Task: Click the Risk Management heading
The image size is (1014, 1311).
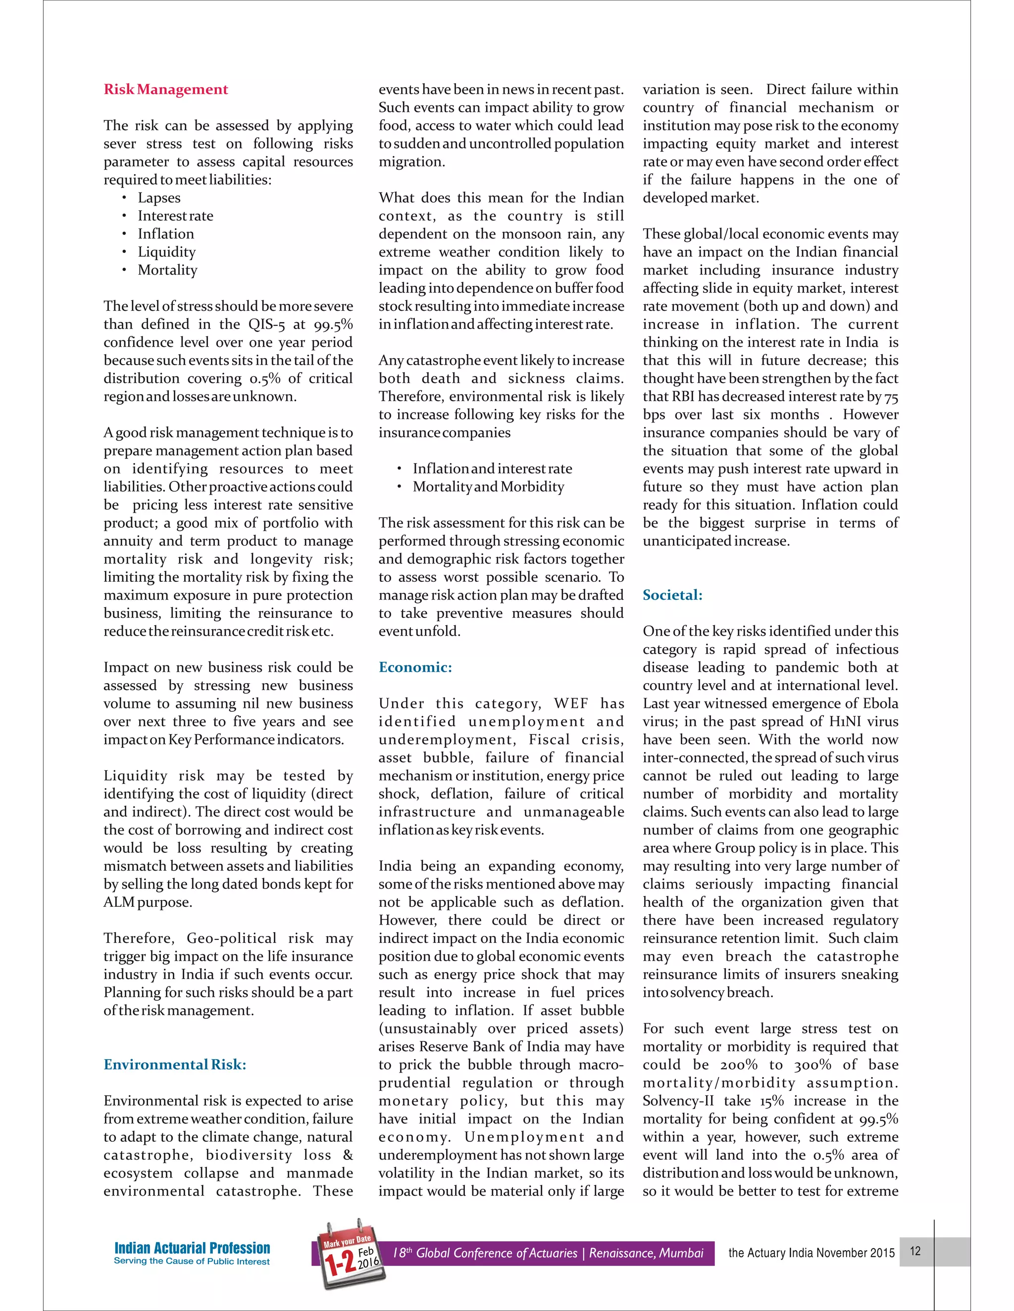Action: point(166,90)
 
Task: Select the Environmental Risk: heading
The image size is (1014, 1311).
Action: point(175,1064)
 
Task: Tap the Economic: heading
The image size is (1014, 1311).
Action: point(415,667)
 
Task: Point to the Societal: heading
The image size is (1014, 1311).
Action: point(672,595)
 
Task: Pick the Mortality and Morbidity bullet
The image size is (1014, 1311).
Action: point(488,486)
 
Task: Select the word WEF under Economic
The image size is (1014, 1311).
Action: point(572,703)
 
